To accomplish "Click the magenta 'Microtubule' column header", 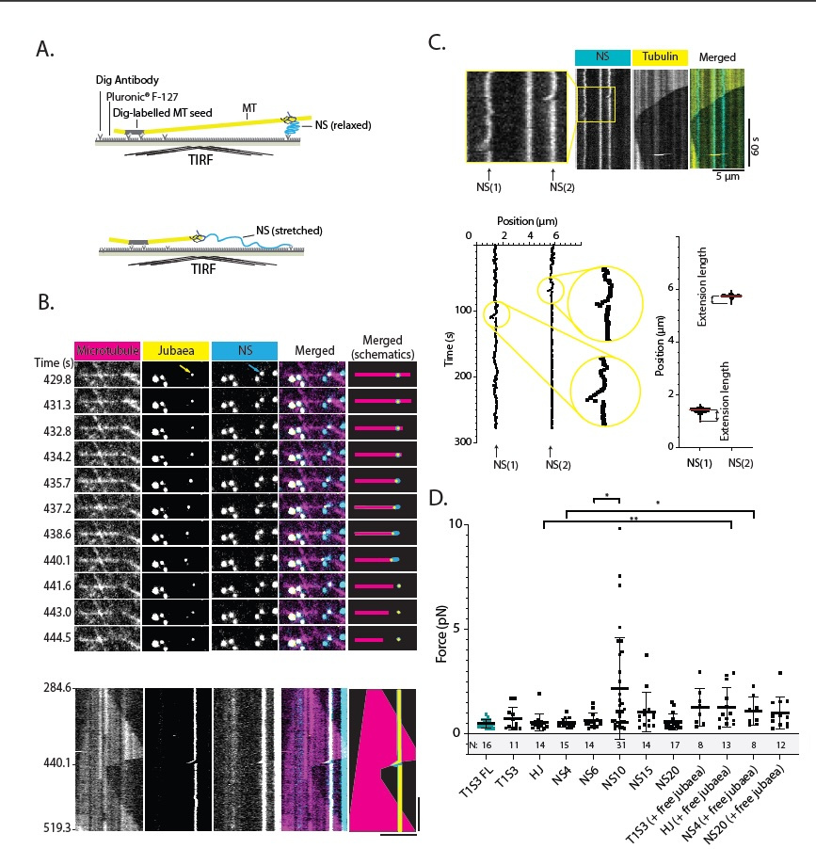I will pos(106,350).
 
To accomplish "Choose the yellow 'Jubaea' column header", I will pos(176,350).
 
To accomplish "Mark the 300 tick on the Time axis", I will pos(461,441).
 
